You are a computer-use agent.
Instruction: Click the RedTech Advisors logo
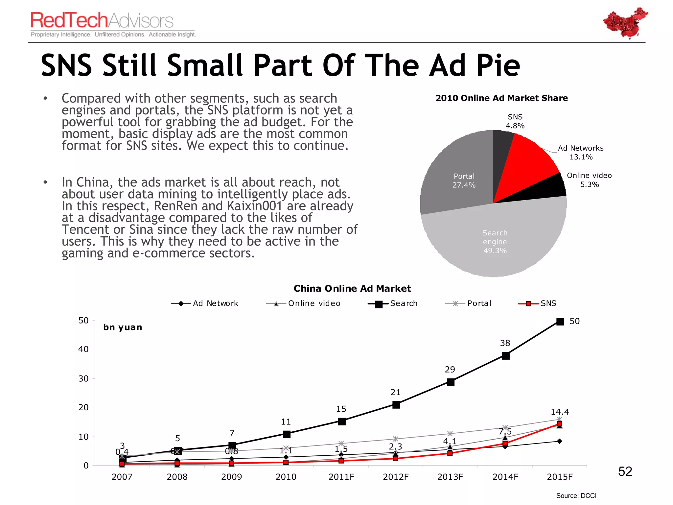point(102,20)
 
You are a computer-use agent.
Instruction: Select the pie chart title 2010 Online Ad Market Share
point(501,98)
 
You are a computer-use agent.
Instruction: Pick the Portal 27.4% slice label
point(464,180)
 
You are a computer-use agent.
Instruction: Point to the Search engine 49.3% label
point(495,242)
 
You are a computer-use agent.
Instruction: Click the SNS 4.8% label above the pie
point(515,121)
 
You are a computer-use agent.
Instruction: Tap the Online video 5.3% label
point(589,180)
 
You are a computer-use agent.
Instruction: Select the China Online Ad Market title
point(352,288)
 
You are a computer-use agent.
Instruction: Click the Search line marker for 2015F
point(560,322)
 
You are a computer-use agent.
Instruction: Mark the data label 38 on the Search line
point(505,343)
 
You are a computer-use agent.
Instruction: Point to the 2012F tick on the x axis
point(396,477)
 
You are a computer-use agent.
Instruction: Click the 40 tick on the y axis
point(83,349)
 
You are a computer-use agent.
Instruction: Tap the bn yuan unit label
point(123,327)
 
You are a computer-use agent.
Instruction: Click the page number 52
point(625,471)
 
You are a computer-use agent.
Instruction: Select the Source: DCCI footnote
point(576,495)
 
